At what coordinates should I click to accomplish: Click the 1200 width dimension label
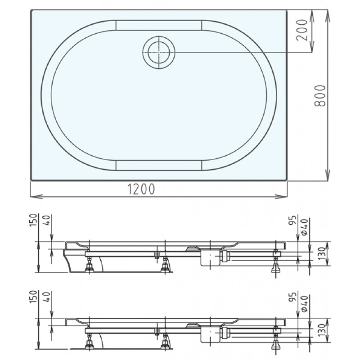pos(141,189)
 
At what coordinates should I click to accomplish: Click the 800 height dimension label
pos(320,96)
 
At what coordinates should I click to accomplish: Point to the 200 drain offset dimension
pos(301,30)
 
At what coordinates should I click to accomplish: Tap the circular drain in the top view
pos(159,52)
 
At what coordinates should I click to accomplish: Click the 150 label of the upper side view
pos(33,220)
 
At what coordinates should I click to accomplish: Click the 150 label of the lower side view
pos(33,297)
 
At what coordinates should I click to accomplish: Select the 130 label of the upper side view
pos(322,253)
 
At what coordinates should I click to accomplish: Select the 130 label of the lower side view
pos(322,330)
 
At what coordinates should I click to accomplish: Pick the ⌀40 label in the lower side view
pos(304,304)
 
